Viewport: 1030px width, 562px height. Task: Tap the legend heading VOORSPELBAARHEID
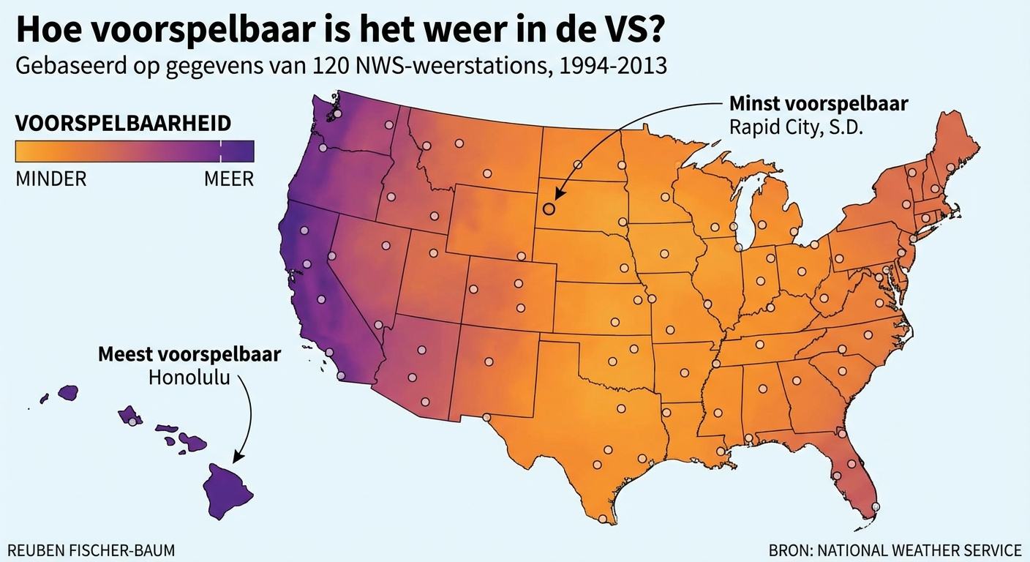[x=123, y=123]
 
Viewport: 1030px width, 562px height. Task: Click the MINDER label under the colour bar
[x=50, y=179]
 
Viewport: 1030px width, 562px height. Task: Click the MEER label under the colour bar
[x=229, y=179]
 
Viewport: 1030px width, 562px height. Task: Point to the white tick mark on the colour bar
[x=220, y=151]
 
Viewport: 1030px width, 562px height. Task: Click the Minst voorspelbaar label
[x=819, y=104]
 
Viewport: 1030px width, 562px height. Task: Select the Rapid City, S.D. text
[x=797, y=126]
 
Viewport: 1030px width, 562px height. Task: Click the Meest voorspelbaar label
[x=189, y=355]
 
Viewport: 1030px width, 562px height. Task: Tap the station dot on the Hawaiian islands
[x=132, y=421]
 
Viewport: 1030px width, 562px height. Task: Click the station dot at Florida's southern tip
[x=876, y=506]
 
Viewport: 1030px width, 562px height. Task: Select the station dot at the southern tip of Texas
[x=602, y=519]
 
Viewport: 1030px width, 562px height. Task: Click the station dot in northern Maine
[x=950, y=168]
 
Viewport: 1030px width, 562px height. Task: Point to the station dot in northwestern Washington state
[x=337, y=113]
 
